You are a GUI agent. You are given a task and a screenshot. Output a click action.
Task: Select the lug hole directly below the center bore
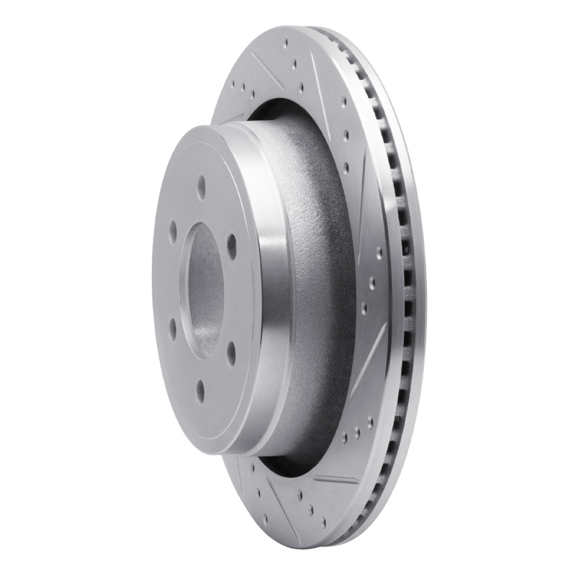click(x=201, y=390)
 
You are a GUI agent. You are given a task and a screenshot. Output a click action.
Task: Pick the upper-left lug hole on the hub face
click(x=173, y=231)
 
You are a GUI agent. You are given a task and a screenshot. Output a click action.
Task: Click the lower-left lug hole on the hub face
click(x=173, y=330)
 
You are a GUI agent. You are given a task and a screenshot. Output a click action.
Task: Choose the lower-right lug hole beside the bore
click(x=231, y=351)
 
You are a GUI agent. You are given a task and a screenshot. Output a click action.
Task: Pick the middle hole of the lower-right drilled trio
click(x=356, y=434)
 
